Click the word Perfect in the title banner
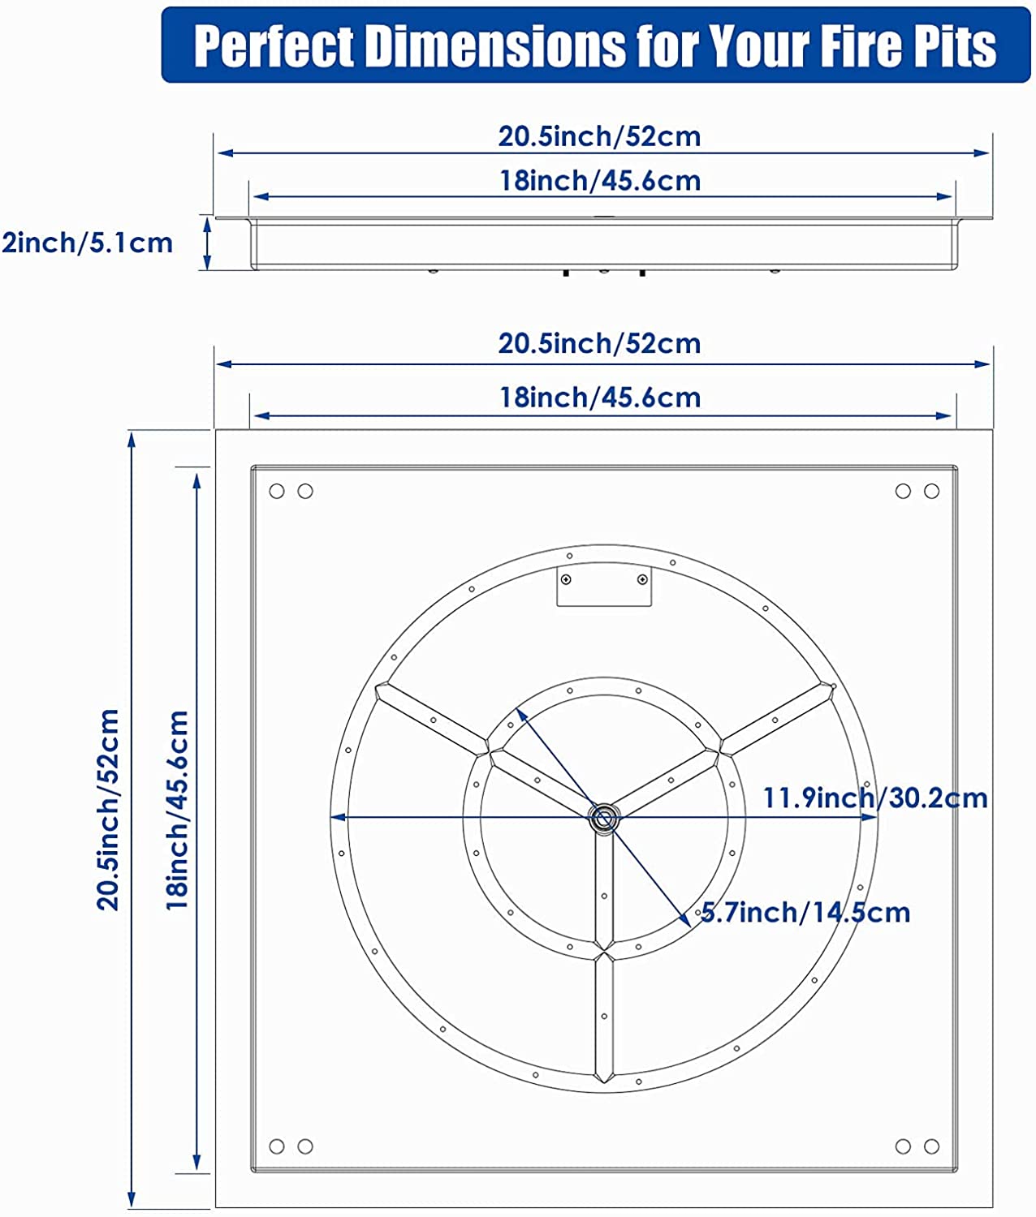[x=274, y=46]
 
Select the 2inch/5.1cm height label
[x=87, y=243]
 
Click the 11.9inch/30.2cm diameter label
[x=875, y=798]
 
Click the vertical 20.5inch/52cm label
[x=109, y=810]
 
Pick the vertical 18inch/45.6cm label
[x=177, y=811]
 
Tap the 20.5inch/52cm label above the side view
[x=599, y=136]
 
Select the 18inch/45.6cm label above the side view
[x=600, y=181]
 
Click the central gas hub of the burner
[x=603, y=818]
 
